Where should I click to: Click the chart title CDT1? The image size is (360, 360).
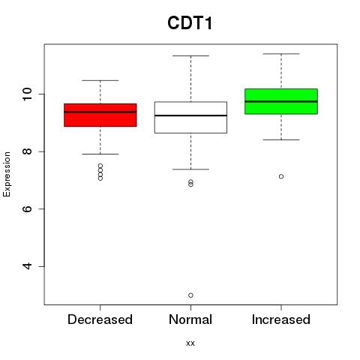(190, 23)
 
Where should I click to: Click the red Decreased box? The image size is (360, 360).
(100, 115)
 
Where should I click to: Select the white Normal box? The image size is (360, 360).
(190, 117)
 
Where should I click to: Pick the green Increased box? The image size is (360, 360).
(281, 101)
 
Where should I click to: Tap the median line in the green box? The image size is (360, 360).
(281, 101)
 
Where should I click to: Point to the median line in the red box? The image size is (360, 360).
(100, 112)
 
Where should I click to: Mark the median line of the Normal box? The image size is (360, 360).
(190, 115)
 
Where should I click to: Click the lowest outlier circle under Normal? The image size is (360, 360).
(190, 295)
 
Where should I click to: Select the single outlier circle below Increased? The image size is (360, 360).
(281, 176)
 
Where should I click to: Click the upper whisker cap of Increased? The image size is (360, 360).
(281, 54)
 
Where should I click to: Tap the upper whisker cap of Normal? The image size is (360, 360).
(190, 55)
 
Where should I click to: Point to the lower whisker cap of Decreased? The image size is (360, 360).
(100, 154)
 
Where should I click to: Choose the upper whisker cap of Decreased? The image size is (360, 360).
(100, 80)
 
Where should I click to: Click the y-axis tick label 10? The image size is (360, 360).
(28, 94)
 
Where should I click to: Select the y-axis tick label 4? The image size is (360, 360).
(28, 266)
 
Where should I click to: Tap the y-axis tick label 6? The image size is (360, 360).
(28, 208)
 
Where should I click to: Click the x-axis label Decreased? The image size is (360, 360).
(100, 319)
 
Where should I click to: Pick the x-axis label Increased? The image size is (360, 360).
(281, 319)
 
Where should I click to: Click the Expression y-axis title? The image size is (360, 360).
(7, 174)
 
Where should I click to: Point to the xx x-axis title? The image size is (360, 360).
(190, 343)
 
